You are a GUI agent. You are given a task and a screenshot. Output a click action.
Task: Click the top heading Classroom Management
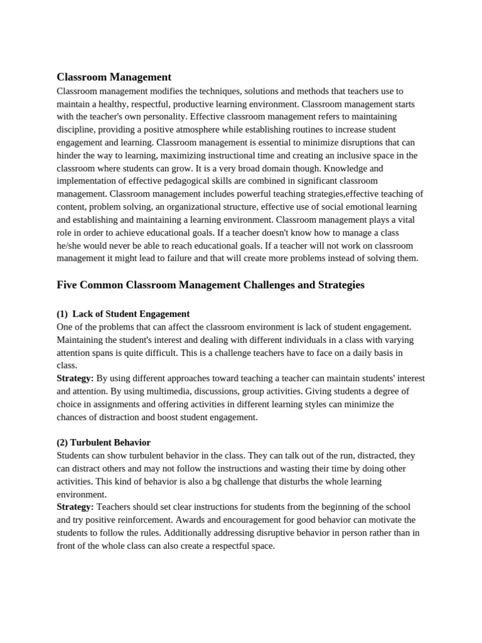(x=114, y=77)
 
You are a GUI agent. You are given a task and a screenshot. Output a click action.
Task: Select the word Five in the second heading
(x=68, y=285)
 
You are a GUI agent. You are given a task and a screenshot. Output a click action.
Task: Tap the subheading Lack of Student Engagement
(x=131, y=314)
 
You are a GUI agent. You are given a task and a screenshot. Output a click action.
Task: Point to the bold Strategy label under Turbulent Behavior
(x=75, y=507)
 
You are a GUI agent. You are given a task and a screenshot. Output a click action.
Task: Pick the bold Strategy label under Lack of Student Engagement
(x=75, y=378)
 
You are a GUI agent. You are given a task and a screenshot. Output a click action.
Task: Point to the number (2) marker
(x=63, y=443)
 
